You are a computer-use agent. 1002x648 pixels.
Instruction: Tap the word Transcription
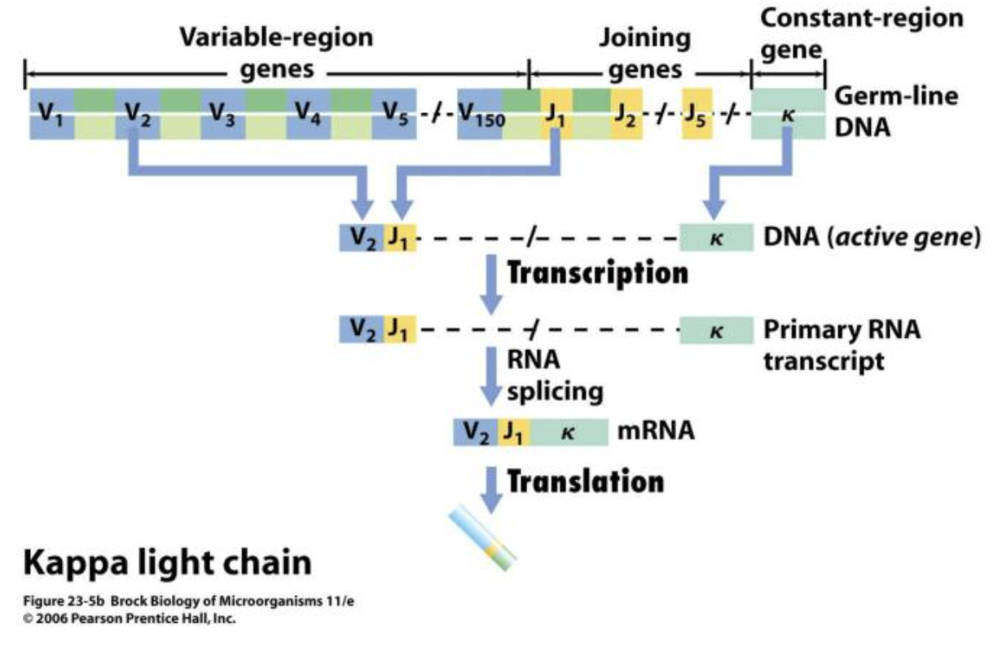tap(597, 273)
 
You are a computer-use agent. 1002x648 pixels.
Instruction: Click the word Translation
tap(585, 481)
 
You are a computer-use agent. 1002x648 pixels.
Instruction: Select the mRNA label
tap(655, 431)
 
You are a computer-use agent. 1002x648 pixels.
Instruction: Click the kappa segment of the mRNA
tap(569, 431)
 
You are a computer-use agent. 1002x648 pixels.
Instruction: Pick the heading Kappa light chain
tap(166, 563)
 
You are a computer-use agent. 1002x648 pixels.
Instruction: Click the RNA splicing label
tap(554, 376)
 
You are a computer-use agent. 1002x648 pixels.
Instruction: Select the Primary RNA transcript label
tap(842, 345)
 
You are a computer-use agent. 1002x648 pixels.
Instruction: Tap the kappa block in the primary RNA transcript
tap(716, 331)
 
